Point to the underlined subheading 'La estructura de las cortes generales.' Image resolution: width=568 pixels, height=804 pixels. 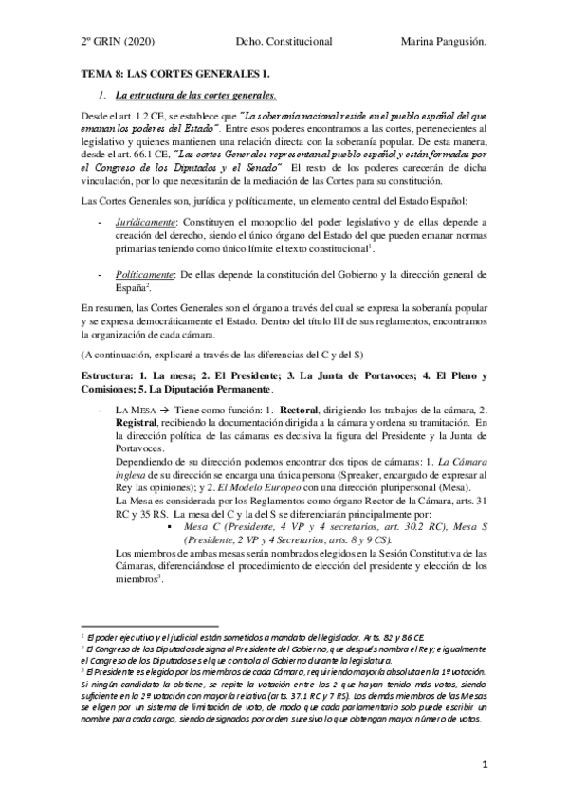[x=195, y=96]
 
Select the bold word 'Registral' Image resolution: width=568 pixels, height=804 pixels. [x=137, y=421]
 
